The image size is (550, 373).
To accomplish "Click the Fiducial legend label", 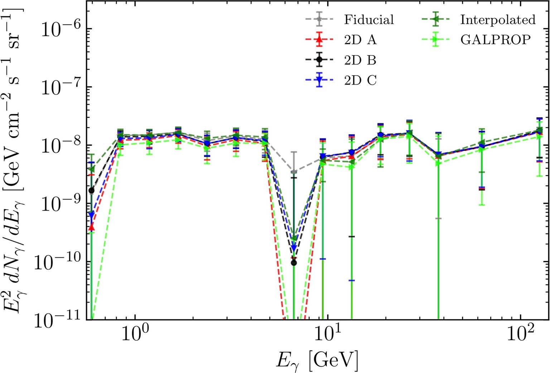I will point(369,20).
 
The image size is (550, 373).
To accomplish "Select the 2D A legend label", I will point(360,40).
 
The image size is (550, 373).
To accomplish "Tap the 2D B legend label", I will point(360,60).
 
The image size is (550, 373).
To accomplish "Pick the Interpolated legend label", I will point(498,20).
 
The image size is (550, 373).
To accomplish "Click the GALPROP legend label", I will point(495,40).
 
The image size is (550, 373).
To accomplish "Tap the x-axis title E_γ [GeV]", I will point(317,360).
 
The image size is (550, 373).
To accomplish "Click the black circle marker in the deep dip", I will point(294,263).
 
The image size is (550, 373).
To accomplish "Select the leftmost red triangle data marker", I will point(92,227).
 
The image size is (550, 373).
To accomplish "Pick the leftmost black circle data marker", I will point(92,190).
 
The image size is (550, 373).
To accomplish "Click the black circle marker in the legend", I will point(319,60).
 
